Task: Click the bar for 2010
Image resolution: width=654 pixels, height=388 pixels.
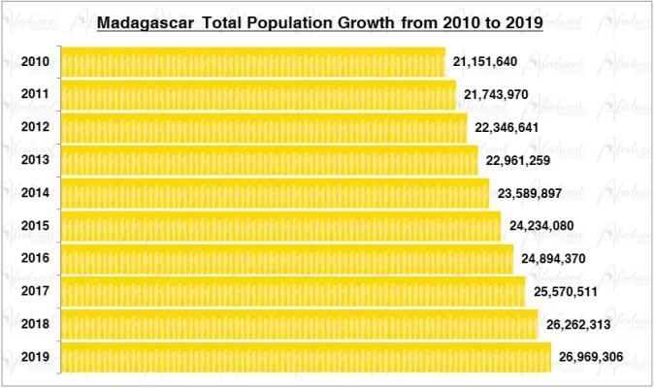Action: pyautogui.click(x=252, y=62)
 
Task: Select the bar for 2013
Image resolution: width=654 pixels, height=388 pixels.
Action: pyautogui.click(x=269, y=160)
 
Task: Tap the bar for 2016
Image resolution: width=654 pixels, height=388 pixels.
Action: pyautogui.click(x=286, y=259)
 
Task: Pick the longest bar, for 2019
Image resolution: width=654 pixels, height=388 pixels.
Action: pyautogui.click(x=306, y=357)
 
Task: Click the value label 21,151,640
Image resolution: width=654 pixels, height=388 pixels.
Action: pyautogui.click(x=485, y=62)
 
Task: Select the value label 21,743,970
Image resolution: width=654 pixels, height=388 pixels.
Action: pyautogui.click(x=496, y=95)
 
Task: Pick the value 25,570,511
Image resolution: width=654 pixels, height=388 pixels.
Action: pyautogui.click(x=566, y=292)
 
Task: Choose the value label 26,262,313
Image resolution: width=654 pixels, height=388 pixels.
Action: pyautogui.click(x=578, y=325)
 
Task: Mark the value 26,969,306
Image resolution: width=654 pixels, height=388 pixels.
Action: pyautogui.click(x=592, y=358)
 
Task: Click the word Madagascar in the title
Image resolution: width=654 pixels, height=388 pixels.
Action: pyautogui.click(x=145, y=21)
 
